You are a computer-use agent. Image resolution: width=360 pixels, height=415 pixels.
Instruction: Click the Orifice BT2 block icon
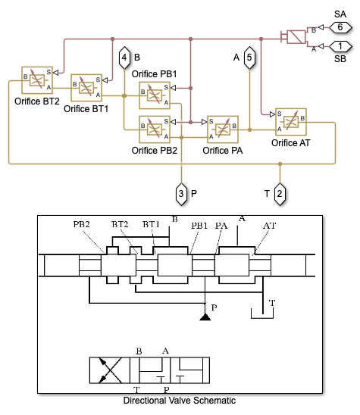(x=37, y=80)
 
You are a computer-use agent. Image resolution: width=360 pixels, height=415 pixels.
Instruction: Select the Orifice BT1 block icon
(x=86, y=88)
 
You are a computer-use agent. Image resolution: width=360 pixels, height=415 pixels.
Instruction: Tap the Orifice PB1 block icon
(x=155, y=95)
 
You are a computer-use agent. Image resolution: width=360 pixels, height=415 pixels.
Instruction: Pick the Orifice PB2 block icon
(x=155, y=129)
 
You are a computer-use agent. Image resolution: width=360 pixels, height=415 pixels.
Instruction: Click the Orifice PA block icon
(x=223, y=129)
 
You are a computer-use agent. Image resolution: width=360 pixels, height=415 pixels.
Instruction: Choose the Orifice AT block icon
(x=291, y=122)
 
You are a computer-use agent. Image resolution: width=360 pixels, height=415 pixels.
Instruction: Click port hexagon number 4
(x=124, y=58)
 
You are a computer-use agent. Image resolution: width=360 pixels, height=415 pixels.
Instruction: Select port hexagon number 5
(x=249, y=58)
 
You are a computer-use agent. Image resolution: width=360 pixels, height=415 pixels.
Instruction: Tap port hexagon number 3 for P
(x=181, y=194)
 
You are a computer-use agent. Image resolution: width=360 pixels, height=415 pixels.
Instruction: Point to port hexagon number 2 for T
(x=280, y=194)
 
